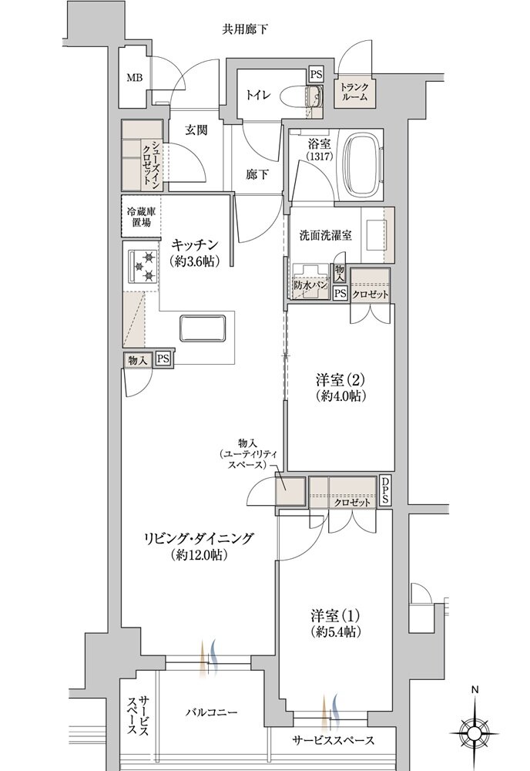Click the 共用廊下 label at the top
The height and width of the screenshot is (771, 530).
(x=245, y=31)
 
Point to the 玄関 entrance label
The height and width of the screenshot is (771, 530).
(x=196, y=130)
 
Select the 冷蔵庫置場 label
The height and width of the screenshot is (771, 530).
(x=139, y=215)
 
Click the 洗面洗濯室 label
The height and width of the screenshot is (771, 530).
(x=326, y=235)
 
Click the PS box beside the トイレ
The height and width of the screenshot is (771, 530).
(x=316, y=75)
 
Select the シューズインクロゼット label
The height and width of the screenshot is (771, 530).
(x=154, y=163)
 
